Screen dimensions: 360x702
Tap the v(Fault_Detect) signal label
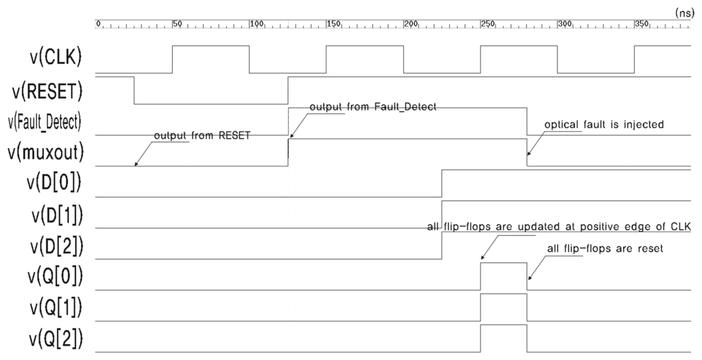(45, 122)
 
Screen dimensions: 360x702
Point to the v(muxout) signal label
(45, 153)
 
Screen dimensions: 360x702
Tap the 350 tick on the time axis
(642, 24)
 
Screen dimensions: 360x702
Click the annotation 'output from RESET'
(202, 136)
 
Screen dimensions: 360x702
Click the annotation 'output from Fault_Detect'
(373, 108)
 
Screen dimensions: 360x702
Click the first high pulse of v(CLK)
(210, 59)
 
